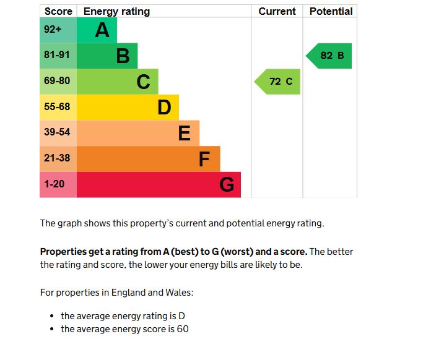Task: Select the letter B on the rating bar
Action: (123, 56)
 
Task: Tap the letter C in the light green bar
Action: (143, 82)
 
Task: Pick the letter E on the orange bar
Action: (184, 133)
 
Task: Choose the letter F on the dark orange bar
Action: (204, 159)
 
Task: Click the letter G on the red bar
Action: (227, 185)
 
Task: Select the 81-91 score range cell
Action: (58, 55)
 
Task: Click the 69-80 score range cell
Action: (58, 81)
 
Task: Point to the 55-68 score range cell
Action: (58, 107)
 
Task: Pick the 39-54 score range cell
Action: (58, 132)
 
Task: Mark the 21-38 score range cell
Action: (58, 158)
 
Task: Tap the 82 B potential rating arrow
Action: (330, 56)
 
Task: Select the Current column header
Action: (277, 11)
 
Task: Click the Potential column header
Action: (331, 11)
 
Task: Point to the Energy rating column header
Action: (116, 11)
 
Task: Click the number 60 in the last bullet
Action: (183, 329)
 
